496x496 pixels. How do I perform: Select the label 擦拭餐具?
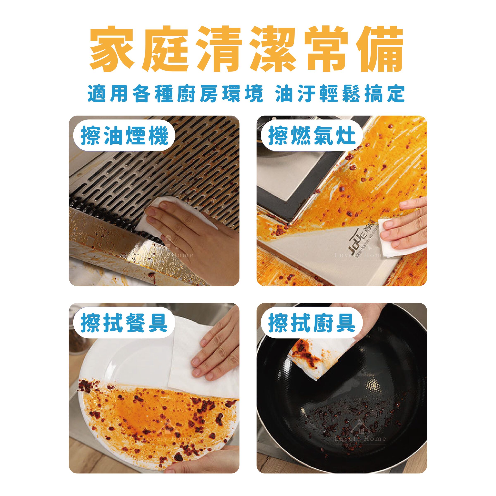[124, 323]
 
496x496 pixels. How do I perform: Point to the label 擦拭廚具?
[312, 323]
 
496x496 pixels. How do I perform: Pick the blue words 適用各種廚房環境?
[175, 93]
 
